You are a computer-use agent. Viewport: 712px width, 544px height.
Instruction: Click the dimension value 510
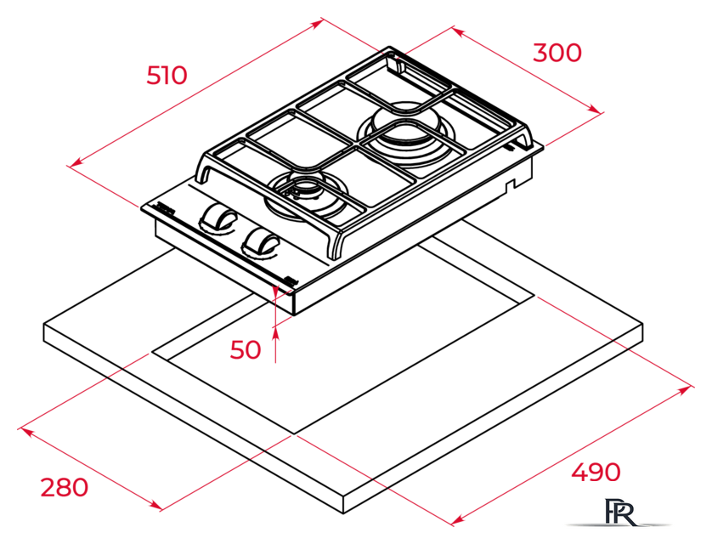[x=167, y=76]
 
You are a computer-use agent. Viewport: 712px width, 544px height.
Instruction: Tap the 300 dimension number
[x=557, y=53]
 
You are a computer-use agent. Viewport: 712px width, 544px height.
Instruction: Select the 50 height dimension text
[x=246, y=349]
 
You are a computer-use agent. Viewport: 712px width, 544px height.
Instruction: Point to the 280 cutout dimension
[x=65, y=487]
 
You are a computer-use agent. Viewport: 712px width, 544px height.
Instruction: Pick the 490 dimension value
[x=596, y=473]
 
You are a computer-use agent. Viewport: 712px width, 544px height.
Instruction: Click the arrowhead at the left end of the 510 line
[x=76, y=161]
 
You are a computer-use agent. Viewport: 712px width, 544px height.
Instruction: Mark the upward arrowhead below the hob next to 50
[x=275, y=334]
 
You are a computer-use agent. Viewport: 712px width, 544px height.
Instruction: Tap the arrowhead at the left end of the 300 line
[x=458, y=32]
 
